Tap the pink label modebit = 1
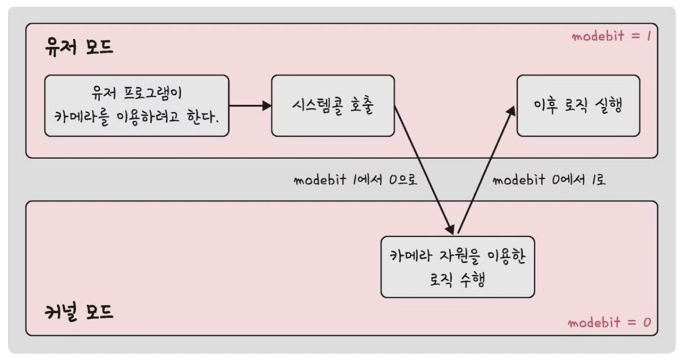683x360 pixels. point(611,36)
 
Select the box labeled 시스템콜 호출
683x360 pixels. point(333,106)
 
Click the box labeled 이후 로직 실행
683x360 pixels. point(578,106)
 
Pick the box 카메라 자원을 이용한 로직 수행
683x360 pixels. point(458,267)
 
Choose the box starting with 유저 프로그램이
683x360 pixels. point(136,106)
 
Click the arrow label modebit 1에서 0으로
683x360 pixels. point(355,180)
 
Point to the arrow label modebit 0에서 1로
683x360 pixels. point(549,180)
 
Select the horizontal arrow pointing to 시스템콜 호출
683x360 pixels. point(250,106)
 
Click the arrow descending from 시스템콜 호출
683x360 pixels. point(423,169)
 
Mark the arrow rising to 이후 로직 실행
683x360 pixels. point(485,169)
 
